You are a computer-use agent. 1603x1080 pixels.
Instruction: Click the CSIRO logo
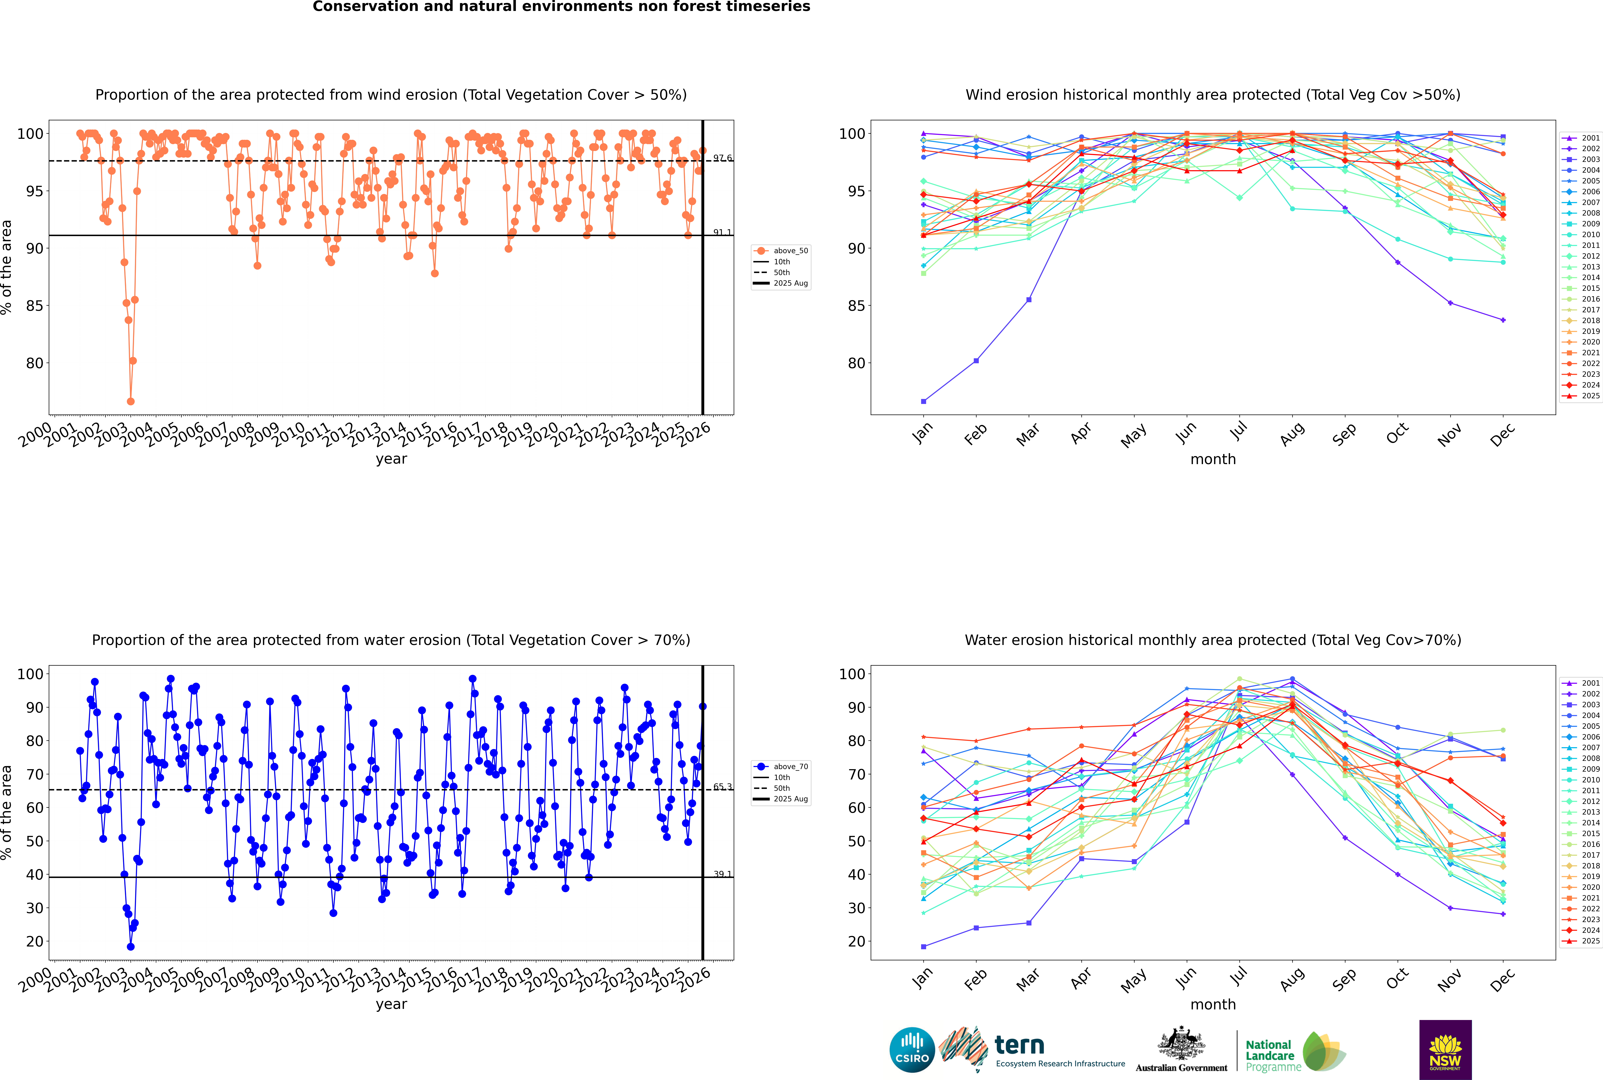click(912, 1050)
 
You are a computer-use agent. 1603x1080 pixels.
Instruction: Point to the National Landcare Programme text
click(1270, 1055)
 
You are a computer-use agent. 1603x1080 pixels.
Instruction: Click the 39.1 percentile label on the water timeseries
click(722, 874)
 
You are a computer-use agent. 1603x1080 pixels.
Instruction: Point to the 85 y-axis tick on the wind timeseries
click(34, 306)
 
